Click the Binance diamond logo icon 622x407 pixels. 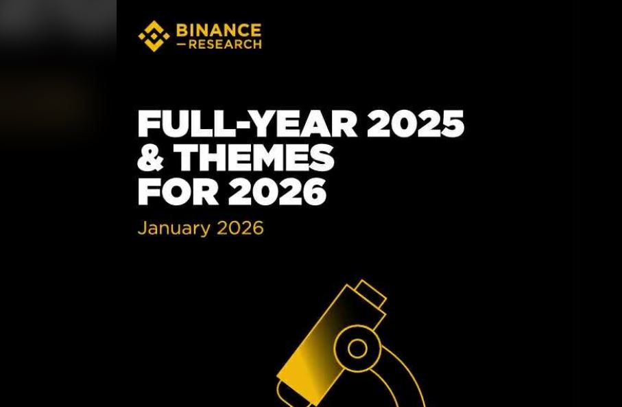coord(154,36)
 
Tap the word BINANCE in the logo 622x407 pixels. coord(219,30)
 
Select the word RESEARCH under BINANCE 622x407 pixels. coord(225,44)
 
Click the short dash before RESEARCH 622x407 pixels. coord(181,45)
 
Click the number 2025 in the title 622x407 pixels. coord(416,124)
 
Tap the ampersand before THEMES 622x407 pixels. coord(150,157)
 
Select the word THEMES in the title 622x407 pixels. coord(254,157)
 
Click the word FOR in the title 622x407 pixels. coord(178,191)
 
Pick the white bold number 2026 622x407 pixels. coord(277,191)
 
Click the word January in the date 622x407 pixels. coord(174,229)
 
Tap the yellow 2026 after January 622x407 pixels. coord(240,228)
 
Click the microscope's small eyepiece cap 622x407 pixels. coord(370,294)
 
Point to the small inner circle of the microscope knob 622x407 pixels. coord(357,349)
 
